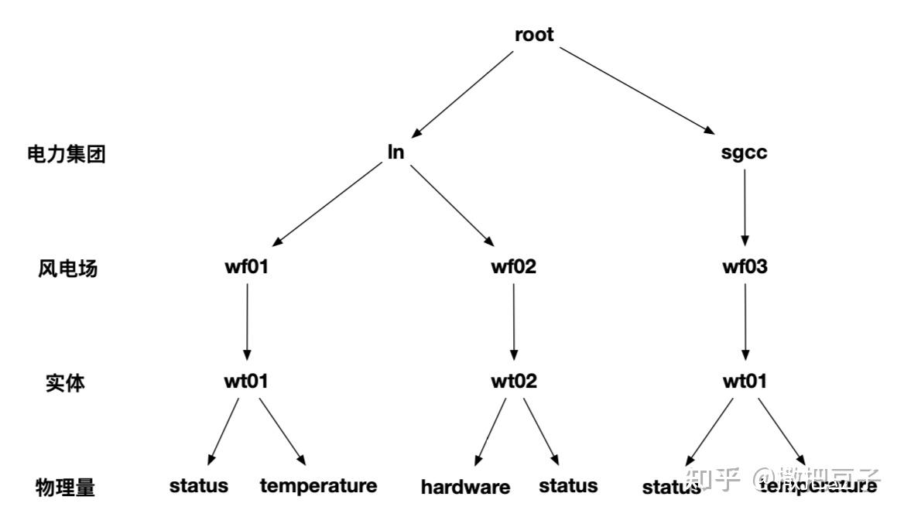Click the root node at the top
click(x=534, y=35)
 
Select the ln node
click(x=395, y=152)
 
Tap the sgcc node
click(x=744, y=152)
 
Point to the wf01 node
click(x=247, y=268)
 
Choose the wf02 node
click(x=513, y=268)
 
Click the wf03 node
click(x=745, y=268)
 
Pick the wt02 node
click(x=513, y=382)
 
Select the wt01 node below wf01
click(x=247, y=382)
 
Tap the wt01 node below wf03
click(x=745, y=382)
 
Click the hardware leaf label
click(x=465, y=487)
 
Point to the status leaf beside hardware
click(x=568, y=485)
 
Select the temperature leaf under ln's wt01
click(x=318, y=485)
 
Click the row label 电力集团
click(x=66, y=154)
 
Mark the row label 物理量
click(x=66, y=488)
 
